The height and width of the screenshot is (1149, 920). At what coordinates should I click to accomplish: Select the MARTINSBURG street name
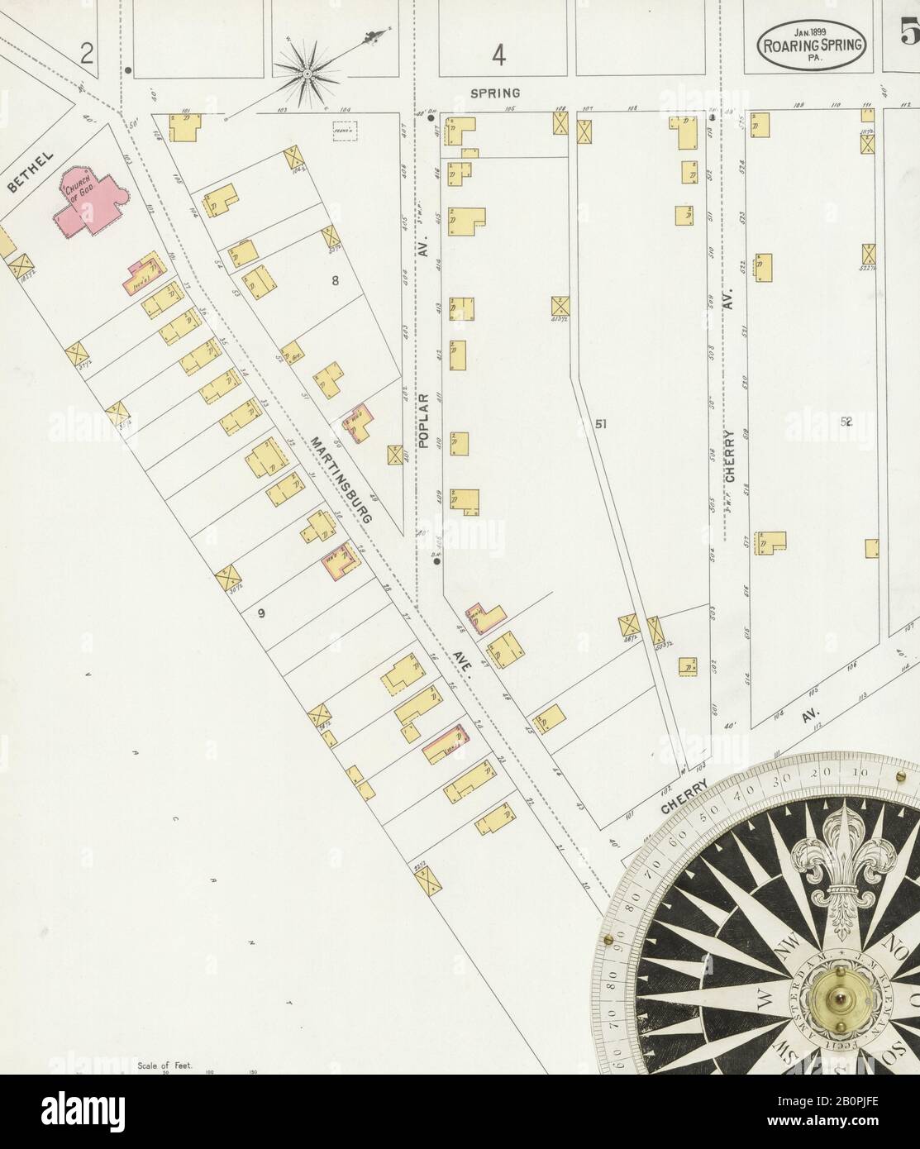[341, 478]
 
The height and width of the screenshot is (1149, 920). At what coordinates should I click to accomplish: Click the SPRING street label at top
[495, 93]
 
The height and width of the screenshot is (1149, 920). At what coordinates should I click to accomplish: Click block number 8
[335, 280]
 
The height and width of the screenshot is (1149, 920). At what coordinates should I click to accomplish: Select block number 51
[601, 424]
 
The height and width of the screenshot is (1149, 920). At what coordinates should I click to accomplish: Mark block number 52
[846, 422]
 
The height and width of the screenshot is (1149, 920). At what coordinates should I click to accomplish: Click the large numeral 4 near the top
[498, 55]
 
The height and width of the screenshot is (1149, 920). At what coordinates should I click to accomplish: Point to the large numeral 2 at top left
[87, 55]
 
